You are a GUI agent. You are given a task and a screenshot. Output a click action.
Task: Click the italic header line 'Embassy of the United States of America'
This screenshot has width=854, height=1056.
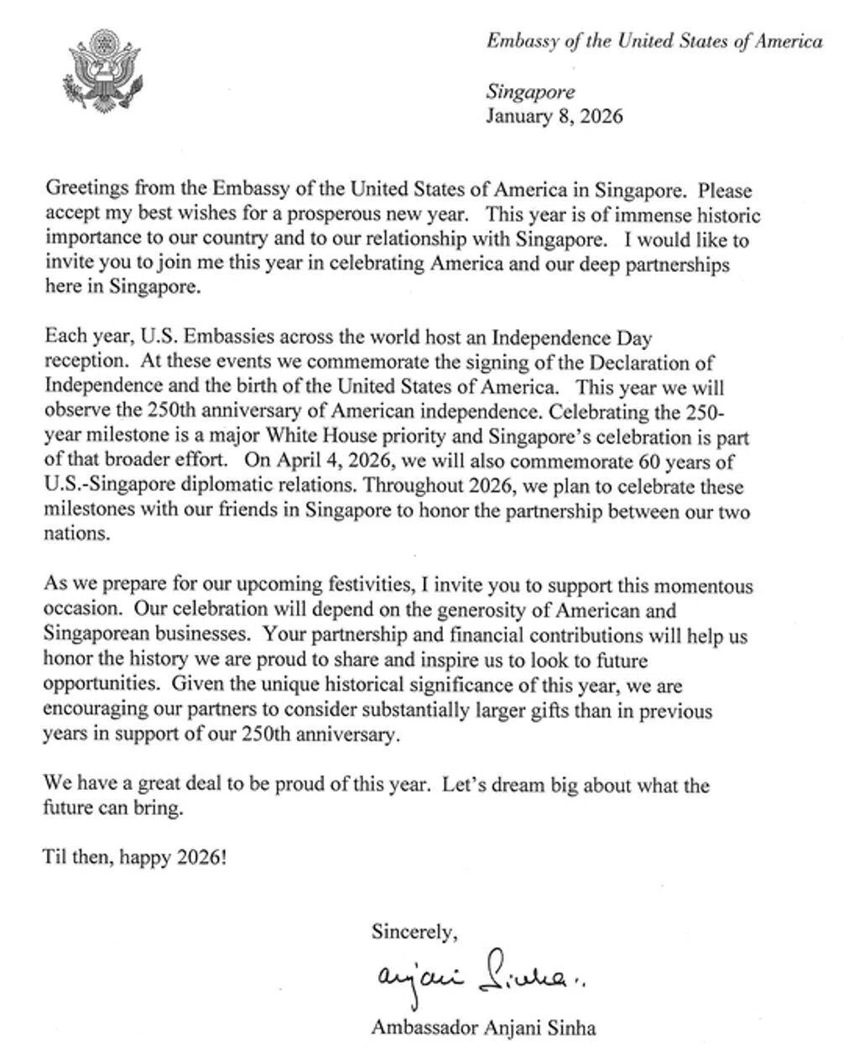[654, 41]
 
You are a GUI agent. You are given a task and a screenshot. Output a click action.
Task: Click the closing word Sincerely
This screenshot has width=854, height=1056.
[414, 931]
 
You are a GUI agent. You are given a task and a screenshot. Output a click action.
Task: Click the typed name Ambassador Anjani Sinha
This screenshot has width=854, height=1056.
[483, 1027]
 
